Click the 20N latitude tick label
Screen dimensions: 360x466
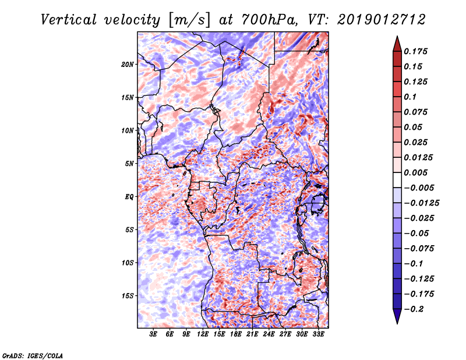pyautogui.click(x=128, y=64)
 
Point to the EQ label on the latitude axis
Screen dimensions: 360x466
pyautogui.click(x=129, y=197)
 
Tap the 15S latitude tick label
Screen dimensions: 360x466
pyautogui.click(x=128, y=296)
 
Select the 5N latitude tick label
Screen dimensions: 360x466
pyautogui.click(x=129, y=164)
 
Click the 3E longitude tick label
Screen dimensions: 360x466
pyautogui.click(x=154, y=335)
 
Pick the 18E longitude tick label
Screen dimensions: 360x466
pyautogui.click(x=236, y=335)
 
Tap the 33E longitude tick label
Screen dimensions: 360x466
pyautogui.click(x=319, y=335)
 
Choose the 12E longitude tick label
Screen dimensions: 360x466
pyautogui.click(x=203, y=335)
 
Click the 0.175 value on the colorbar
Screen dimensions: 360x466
pyautogui.click(x=417, y=51)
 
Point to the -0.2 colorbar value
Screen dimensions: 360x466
pyautogui.click(x=416, y=309)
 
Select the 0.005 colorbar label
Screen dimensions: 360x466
pyautogui.click(x=417, y=172)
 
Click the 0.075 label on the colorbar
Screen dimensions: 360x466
pyautogui.click(x=417, y=112)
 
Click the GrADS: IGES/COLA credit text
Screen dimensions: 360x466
pyautogui.click(x=33, y=355)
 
